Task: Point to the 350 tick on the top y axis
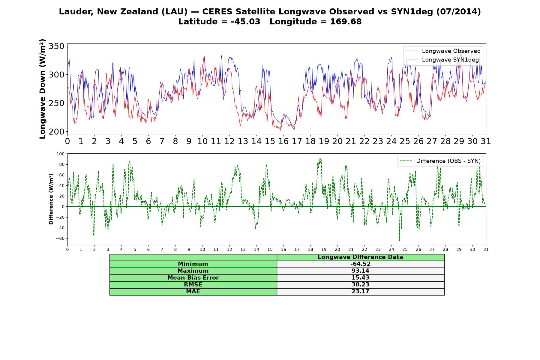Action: tap(57, 46)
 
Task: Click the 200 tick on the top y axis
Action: tap(57, 132)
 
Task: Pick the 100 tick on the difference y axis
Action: tap(60, 154)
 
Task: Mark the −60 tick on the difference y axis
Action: tap(60, 238)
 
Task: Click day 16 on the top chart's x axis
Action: tap(283, 141)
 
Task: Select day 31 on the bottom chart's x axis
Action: tap(486, 249)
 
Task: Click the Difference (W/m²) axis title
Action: tap(51, 199)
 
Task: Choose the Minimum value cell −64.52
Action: tap(360, 264)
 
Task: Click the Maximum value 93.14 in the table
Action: tap(360, 271)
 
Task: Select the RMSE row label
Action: tap(193, 285)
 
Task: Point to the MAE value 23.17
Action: tap(360, 292)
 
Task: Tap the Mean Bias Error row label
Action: tap(193, 278)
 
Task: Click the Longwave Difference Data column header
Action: tap(360, 257)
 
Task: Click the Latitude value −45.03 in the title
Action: tap(245, 22)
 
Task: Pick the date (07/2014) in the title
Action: tap(458, 12)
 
